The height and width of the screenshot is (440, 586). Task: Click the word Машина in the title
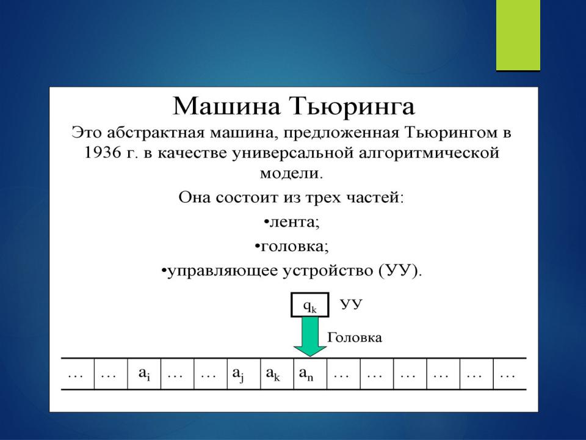226,106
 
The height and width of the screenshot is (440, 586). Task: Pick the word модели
291,174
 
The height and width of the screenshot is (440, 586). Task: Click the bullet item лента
292,222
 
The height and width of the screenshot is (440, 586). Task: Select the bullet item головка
292,246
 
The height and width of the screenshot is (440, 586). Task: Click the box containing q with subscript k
310,305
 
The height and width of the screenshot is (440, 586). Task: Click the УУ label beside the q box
352,304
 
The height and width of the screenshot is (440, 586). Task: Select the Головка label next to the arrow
354,337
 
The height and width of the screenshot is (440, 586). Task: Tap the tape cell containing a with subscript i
144,374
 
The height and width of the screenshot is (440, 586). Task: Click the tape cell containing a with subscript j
244,374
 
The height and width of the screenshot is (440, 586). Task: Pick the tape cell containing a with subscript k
277,374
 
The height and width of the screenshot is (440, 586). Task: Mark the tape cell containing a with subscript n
310,374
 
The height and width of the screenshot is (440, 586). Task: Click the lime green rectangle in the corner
518,35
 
